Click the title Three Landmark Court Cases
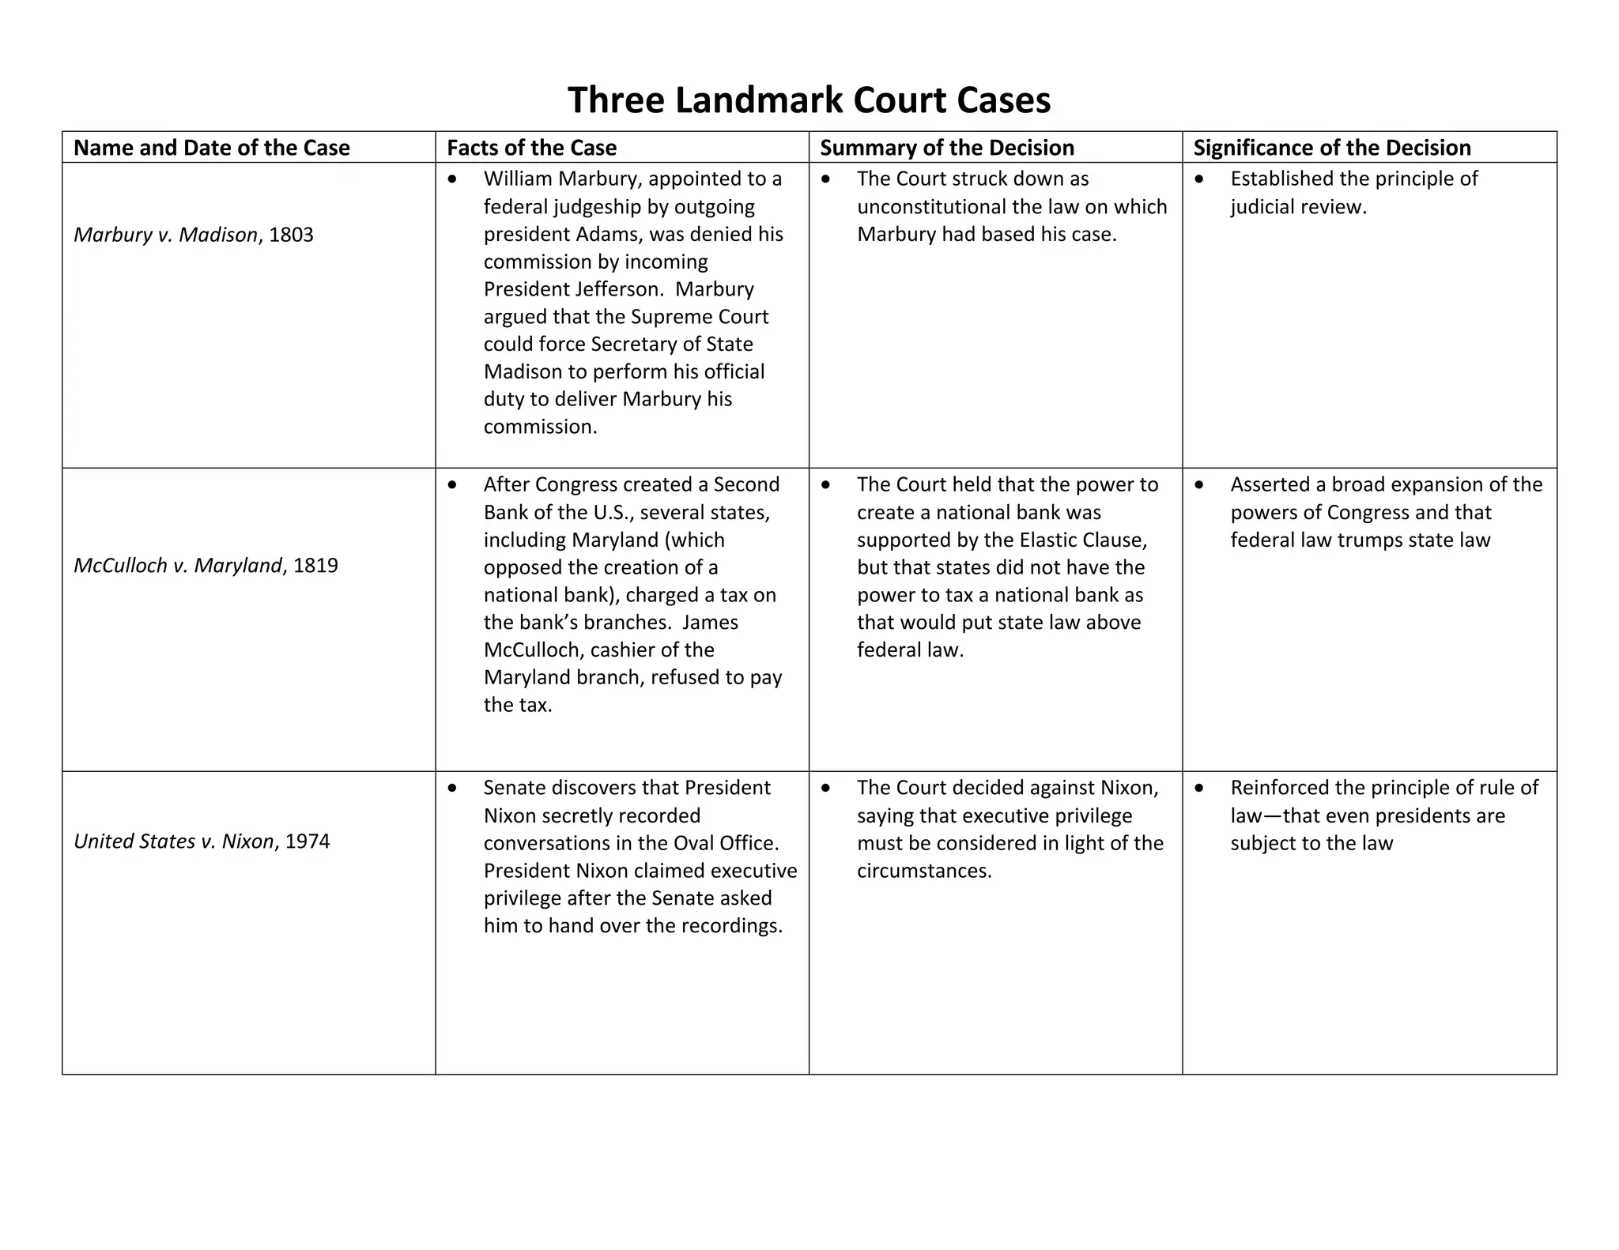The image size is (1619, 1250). tap(809, 100)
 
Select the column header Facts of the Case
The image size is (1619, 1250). tap(531, 148)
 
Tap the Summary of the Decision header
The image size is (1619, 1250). tap(947, 148)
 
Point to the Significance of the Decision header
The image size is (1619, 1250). tap(1332, 148)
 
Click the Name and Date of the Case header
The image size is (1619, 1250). tap(211, 148)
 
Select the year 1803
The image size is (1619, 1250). tap(291, 235)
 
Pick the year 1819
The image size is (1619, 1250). tap(315, 566)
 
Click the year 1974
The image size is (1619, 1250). tap(308, 841)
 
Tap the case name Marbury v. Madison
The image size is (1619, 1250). tap(165, 235)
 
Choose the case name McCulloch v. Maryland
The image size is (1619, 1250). tap(178, 566)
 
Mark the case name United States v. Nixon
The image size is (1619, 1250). tap(174, 841)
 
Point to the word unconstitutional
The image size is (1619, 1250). tap(930, 207)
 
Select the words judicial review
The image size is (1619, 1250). tap(1297, 207)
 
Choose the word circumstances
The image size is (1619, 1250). tap(923, 871)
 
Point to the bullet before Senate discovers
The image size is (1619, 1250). tap(452, 789)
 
